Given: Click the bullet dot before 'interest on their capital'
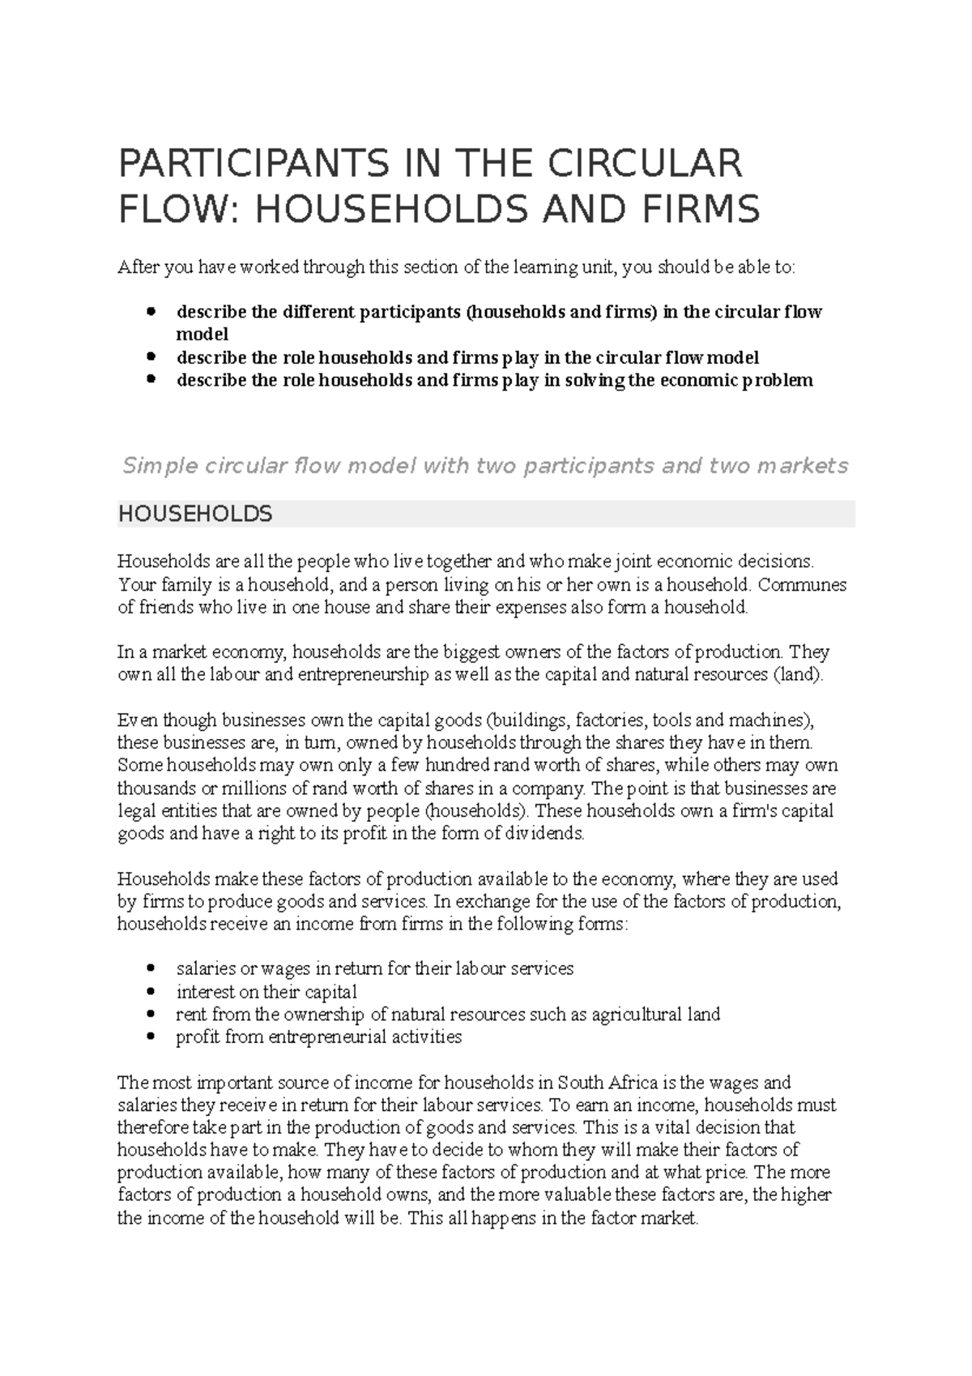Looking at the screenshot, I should point(151,992).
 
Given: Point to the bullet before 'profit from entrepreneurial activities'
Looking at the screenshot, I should point(151,1037).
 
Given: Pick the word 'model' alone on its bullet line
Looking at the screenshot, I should point(202,334).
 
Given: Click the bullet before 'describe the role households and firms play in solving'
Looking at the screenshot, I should point(151,379).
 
